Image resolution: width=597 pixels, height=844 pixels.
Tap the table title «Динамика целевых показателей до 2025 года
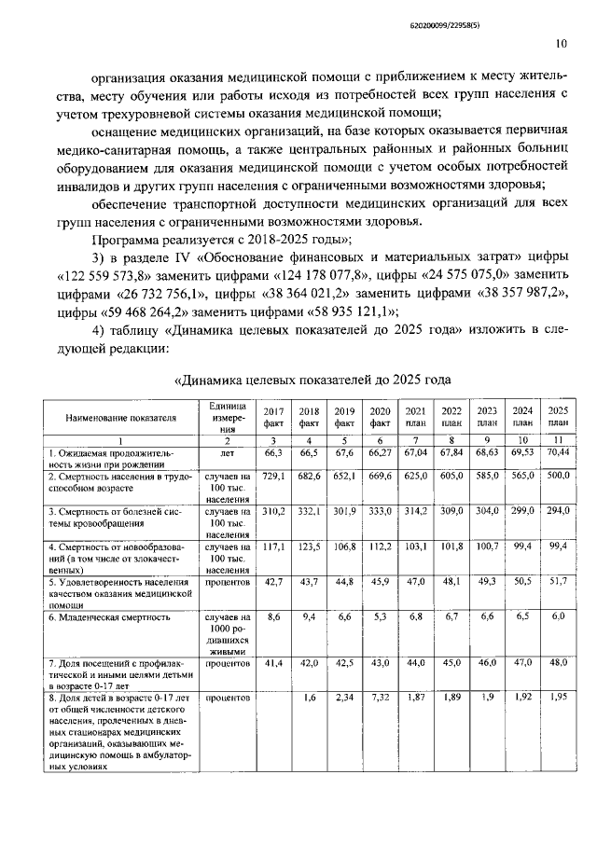tap(313, 380)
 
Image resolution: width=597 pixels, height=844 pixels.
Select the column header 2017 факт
tap(273, 416)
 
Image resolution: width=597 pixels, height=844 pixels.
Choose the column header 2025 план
tap(557, 416)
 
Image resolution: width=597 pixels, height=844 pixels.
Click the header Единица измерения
tap(225, 416)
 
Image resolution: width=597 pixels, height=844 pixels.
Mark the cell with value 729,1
tap(273, 476)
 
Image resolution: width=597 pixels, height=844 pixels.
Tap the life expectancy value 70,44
tap(557, 452)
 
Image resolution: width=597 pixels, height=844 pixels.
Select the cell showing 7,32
tap(380, 697)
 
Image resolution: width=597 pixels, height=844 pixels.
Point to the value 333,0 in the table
tap(380, 512)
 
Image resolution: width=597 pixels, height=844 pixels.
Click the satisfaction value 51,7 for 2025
tap(557, 581)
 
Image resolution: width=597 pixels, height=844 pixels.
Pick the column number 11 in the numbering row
tap(557, 439)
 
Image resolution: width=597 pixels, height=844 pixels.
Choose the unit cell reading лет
tap(225, 452)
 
